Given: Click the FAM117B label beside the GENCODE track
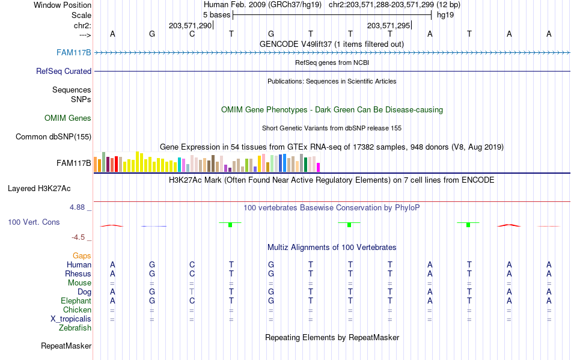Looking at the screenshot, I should tap(74, 52).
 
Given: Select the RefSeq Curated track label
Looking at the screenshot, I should tap(64, 71).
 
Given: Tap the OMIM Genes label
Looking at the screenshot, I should tap(68, 118).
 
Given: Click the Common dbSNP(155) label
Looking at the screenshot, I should tap(53, 136).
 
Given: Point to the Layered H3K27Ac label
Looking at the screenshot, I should tap(39, 188).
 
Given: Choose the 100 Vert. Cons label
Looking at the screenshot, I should tap(34, 222).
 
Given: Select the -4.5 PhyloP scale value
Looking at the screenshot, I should tap(80, 237).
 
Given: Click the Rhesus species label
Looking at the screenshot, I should tap(78, 273).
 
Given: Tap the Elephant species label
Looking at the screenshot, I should tap(76, 301).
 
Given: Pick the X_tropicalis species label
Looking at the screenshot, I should tap(71, 319).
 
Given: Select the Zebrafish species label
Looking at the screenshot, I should tap(75, 328).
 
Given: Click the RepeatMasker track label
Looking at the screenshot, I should tap(66, 346).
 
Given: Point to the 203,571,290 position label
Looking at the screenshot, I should tap(190, 25).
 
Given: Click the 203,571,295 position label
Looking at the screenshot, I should tap(388, 25).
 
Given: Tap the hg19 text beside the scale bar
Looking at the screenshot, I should tap(445, 14).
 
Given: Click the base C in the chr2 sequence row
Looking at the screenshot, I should tap(192, 34).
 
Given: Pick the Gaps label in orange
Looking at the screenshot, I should tap(82, 255).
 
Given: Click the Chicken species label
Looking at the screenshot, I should tap(78, 310).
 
